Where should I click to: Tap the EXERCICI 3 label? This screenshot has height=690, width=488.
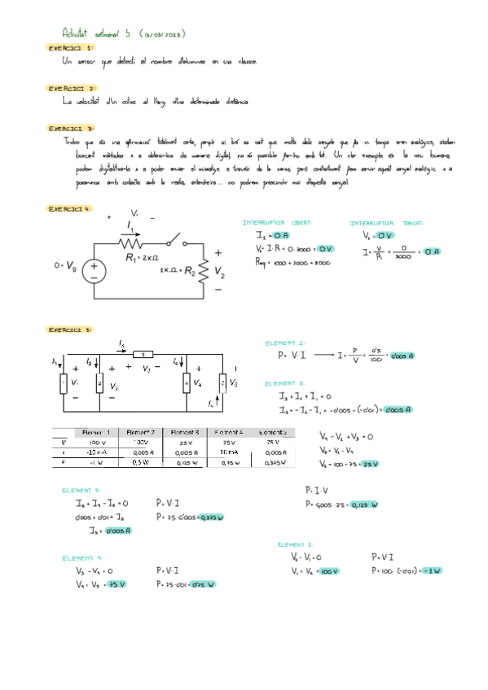coord(71,128)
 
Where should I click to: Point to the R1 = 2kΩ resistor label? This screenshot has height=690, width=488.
coord(144,258)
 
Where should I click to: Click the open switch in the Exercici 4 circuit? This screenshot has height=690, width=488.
coord(172,242)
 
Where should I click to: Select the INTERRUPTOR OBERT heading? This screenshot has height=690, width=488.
coord(277,222)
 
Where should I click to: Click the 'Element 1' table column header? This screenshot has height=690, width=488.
coord(96,431)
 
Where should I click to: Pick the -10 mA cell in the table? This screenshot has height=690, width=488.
coord(96,452)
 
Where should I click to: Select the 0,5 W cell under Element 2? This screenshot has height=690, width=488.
coord(140,462)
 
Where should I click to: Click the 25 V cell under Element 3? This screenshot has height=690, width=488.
coord(185,442)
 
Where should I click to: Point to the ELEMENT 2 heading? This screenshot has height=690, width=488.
coord(284,343)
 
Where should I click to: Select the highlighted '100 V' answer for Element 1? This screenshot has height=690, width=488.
coord(329,571)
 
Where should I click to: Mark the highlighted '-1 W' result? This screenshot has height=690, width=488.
coord(433,571)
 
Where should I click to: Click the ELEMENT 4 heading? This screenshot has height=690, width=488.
coord(83,557)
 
